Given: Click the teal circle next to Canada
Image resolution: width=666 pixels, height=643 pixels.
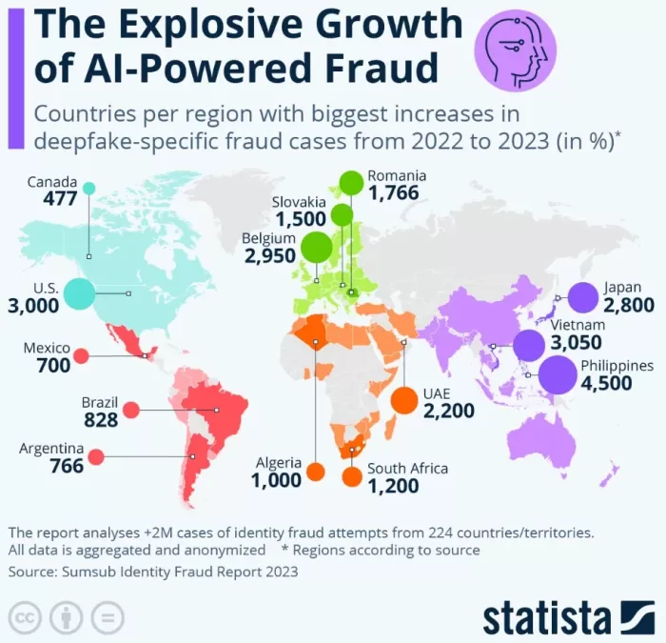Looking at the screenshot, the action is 88,189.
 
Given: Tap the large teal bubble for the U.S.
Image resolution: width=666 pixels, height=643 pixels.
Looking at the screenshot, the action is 79,293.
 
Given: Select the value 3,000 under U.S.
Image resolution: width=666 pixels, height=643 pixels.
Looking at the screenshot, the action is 33,306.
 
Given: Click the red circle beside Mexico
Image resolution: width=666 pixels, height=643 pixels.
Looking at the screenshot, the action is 81,355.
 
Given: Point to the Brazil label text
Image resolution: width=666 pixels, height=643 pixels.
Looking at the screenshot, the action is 99,402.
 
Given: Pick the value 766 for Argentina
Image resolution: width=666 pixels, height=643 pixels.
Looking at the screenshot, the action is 67,466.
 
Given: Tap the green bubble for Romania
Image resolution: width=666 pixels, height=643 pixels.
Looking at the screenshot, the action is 352,183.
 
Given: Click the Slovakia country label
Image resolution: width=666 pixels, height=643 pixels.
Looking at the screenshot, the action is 299,202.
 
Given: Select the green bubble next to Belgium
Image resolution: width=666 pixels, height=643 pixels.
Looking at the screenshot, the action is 317,247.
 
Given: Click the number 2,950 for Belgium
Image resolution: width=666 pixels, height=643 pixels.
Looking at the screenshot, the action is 270,255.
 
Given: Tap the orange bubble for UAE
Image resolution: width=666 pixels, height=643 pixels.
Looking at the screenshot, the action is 404,400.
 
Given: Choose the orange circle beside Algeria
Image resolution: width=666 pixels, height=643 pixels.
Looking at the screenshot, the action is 316,472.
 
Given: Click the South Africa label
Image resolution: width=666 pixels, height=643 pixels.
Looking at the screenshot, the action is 407,469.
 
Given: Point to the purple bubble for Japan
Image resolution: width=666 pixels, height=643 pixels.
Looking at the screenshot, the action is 582,297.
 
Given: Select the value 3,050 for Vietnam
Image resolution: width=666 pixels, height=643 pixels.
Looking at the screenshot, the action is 577,342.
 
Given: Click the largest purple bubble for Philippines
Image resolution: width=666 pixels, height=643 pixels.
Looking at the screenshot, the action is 558,375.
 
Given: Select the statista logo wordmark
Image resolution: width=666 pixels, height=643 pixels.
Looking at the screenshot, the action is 547,618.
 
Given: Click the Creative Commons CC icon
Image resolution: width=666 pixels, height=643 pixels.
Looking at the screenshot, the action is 25,618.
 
